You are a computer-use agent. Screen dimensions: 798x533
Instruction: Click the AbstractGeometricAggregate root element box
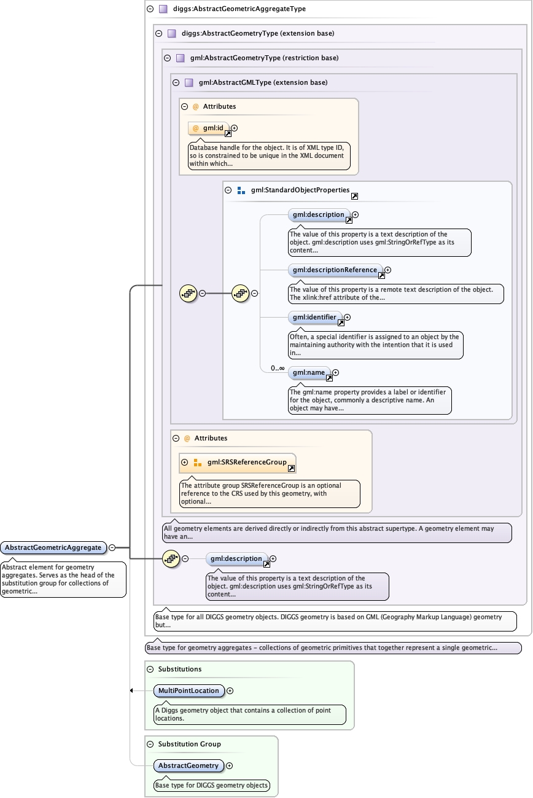(53, 547)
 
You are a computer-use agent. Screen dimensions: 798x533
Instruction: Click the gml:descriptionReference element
(335, 270)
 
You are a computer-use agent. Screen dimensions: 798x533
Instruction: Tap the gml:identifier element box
(314, 318)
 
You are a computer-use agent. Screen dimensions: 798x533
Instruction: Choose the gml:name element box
(309, 372)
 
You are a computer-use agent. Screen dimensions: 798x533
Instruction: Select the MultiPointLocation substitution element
(189, 691)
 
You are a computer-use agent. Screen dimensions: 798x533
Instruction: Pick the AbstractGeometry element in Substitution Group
(189, 766)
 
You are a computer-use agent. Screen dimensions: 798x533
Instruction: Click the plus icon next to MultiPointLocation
(230, 691)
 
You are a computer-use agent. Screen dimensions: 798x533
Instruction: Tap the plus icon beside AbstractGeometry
(230, 766)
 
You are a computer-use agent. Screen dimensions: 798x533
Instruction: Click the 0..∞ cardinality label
(278, 369)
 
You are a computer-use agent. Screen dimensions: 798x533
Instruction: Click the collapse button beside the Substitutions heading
(150, 669)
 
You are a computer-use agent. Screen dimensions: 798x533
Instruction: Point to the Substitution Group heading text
(189, 744)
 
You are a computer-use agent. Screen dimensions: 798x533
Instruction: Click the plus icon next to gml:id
(235, 128)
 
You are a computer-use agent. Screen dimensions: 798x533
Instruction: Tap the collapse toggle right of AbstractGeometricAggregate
(112, 547)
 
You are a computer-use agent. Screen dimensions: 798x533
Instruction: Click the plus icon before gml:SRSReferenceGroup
(184, 463)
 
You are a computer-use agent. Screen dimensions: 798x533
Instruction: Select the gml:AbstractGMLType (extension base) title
(259, 82)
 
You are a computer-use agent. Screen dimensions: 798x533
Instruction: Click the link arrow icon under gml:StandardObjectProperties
(354, 197)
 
